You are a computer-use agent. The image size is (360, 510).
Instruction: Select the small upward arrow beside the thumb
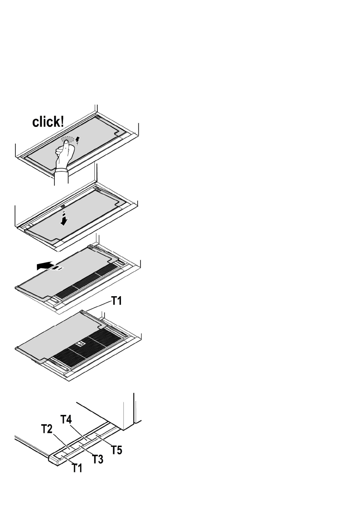pos(77,140)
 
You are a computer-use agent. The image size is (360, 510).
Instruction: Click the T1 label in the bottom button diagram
pos(77,468)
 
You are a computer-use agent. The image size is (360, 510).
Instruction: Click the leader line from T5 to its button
pos(103,441)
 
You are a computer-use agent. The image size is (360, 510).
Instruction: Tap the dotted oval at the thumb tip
pos(68,140)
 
